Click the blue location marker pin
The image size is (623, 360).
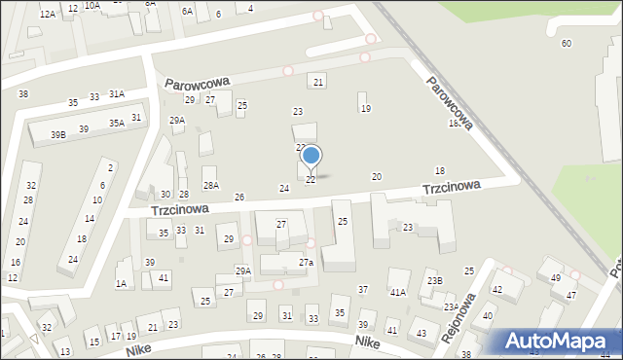click(311, 157)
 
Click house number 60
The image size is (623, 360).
click(567, 43)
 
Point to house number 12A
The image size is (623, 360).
click(47, 15)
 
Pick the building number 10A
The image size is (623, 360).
click(92, 5)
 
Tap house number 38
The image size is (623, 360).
click(22, 94)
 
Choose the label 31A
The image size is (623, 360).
click(116, 94)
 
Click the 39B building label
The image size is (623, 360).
click(57, 133)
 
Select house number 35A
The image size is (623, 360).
click(116, 124)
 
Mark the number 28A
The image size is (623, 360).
click(210, 185)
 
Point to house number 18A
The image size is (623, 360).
click(454, 124)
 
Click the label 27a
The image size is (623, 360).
click(306, 263)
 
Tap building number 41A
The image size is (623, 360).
click(397, 292)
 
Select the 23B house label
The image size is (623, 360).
click(434, 281)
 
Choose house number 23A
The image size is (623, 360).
click(452, 306)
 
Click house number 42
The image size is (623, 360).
click(496, 290)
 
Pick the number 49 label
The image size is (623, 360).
click(556, 278)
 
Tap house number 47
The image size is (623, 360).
click(571, 295)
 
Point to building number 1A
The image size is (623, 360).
click(121, 284)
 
